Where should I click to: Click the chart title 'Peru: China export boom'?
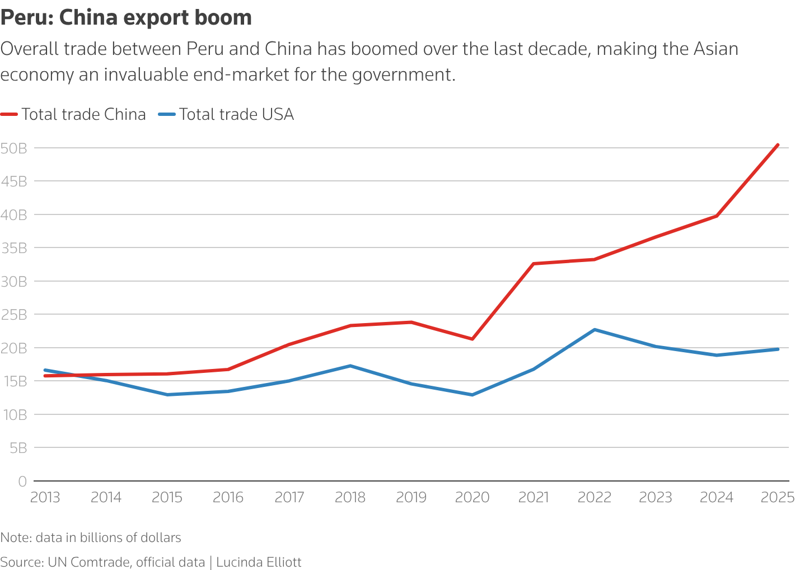pyautogui.click(x=126, y=18)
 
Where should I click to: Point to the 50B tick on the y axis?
pyautogui.click(x=14, y=148)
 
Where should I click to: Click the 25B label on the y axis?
pyautogui.click(x=14, y=315)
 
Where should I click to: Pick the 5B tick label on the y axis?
pyautogui.click(x=17, y=448)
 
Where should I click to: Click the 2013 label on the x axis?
pyautogui.click(x=45, y=497)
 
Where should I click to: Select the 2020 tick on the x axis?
pyautogui.click(x=472, y=497)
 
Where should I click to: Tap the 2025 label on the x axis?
pyautogui.click(x=778, y=497)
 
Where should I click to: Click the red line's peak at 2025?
pyautogui.click(x=778, y=145)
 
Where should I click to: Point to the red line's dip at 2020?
pyautogui.click(x=473, y=339)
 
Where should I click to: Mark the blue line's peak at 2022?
pyautogui.click(x=595, y=330)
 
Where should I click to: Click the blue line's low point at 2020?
pyautogui.click(x=473, y=395)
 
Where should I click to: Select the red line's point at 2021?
pyautogui.click(x=534, y=264)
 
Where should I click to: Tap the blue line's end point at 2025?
pyautogui.click(x=778, y=349)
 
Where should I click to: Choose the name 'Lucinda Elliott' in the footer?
pyautogui.click(x=259, y=562)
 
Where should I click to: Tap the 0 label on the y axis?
pyautogui.click(x=22, y=481)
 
